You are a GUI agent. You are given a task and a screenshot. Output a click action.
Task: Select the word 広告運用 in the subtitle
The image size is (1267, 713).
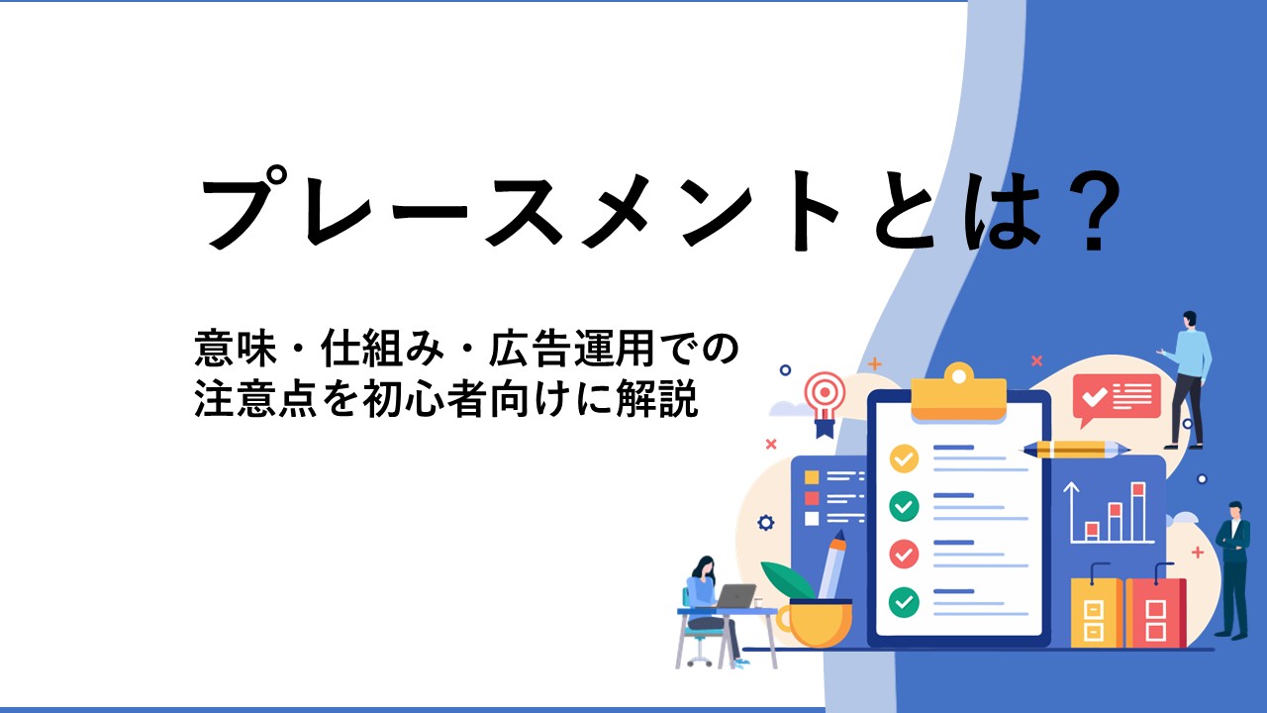(572, 350)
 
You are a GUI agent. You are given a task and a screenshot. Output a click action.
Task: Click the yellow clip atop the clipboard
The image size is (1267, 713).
(959, 393)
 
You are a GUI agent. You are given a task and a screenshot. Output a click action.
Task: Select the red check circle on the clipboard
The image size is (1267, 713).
(904, 554)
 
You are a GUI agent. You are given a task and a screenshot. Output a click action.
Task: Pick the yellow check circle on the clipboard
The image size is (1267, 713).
(904, 458)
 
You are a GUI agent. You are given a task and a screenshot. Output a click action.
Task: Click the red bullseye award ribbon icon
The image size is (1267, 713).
(825, 402)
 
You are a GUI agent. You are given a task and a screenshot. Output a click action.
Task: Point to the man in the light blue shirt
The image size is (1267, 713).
(1187, 379)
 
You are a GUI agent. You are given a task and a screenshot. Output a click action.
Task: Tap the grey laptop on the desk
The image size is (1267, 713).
(735, 595)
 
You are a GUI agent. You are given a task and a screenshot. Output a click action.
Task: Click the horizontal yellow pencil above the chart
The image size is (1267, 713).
(1075, 450)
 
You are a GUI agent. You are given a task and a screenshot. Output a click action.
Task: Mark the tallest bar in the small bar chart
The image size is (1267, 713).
(1138, 512)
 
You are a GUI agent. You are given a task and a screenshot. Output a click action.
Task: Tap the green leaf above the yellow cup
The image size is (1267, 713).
(788, 580)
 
